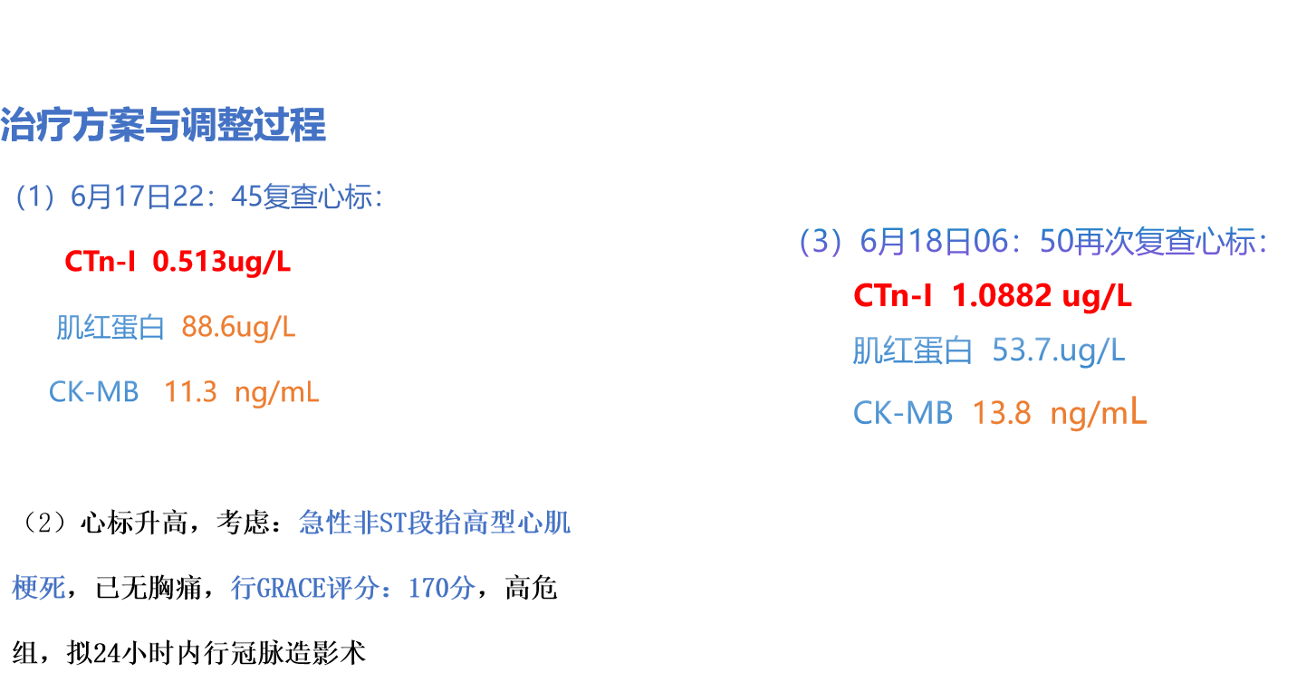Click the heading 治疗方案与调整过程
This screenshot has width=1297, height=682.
(163, 124)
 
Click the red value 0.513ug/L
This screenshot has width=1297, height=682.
(221, 261)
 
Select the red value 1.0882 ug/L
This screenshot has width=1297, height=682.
(1042, 296)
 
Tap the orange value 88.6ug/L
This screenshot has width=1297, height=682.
(238, 327)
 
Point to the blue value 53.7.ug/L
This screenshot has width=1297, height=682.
(1059, 351)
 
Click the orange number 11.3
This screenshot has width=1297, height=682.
(190, 392)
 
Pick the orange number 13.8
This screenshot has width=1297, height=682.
(1002, 413)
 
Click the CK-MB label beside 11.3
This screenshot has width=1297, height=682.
(94, 392)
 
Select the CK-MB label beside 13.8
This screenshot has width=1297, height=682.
(903, 413)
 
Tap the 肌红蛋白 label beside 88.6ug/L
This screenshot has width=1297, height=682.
(110, 327)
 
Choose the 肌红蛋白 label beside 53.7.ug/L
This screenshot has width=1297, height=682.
(912, 351)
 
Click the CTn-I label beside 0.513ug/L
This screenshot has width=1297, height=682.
(101, 261)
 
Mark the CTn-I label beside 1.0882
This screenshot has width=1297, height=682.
(893, 296)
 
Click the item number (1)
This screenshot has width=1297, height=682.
(35, 197)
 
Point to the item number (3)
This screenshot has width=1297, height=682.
(821, 242)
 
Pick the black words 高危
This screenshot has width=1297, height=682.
(531, 588)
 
